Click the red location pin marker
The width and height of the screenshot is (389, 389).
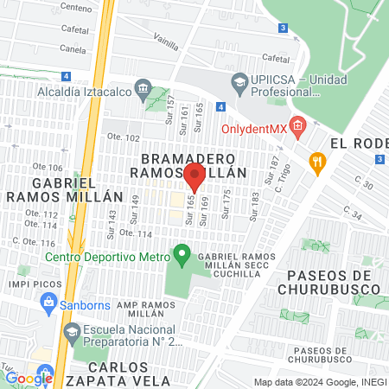pyautogui.click(x=194, y=175)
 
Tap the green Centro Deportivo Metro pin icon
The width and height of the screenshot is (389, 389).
pyautogui.click(x=182, y=254)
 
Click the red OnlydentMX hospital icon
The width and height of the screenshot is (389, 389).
pyautogui.click(x=297, y=128)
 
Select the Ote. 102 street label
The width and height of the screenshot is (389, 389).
pyautogui.click(x=122, y=137)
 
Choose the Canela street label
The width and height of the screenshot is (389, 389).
pyautogui.click(x=73, y=49)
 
